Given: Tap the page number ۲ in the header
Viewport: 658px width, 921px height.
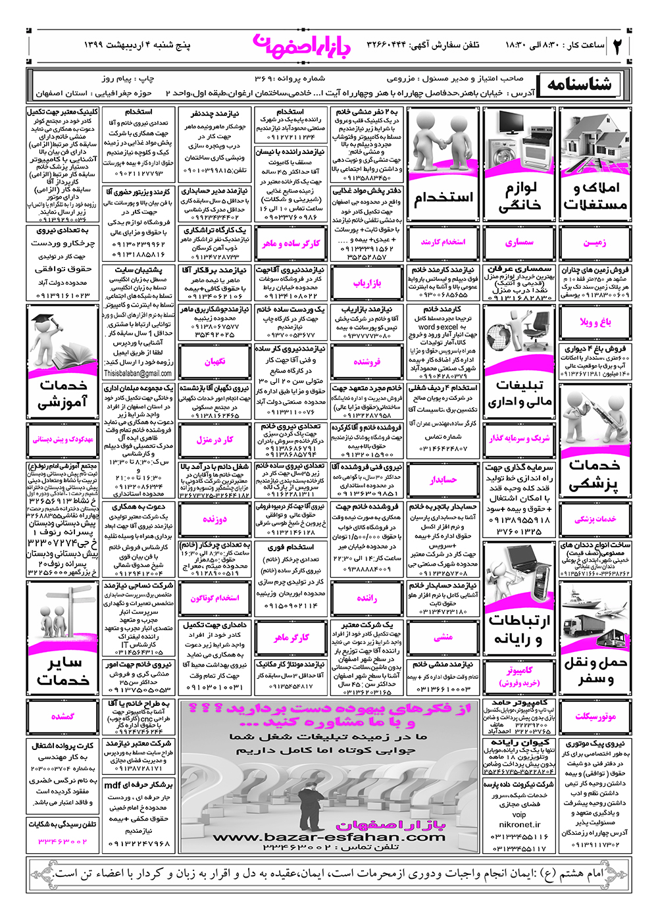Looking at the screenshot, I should pos(618,47).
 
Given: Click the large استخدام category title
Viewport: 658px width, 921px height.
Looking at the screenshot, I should pos(443,197).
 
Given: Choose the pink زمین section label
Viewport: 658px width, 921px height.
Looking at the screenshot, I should pos(595,243).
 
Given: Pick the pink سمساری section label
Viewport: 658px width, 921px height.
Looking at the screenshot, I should pos(520,243).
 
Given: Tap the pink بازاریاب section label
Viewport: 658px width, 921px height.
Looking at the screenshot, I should pos(367,284).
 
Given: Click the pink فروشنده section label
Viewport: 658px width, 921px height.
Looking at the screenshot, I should pos(367,362).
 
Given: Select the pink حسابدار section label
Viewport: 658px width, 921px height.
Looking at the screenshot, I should pos(443,480).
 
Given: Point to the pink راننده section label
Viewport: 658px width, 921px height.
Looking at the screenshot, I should pos(367,598).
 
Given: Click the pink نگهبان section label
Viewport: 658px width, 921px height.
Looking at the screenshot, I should pos(215,362).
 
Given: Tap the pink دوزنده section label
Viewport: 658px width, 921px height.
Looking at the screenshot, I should pos(215,519).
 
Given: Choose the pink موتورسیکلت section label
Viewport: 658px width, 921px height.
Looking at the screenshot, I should pos(595,716).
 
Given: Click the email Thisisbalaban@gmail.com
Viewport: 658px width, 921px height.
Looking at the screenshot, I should pos(138,373).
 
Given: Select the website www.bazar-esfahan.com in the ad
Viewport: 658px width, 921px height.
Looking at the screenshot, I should pos(329,837).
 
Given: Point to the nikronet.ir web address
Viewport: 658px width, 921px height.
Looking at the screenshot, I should pos(520,824).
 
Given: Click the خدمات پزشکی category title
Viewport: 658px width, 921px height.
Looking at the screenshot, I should pos(595,475).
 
